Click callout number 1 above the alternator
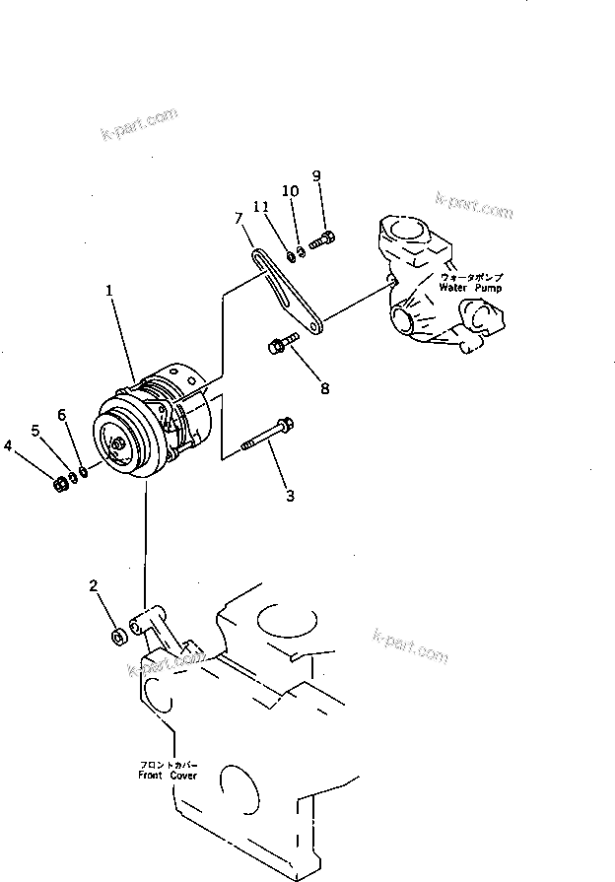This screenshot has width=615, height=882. (x=110, y=292)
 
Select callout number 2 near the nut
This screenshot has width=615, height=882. (x=94, y=586)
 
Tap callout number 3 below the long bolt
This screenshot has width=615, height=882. (x=290, y=496)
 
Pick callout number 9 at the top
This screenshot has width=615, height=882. (x=316, y=176)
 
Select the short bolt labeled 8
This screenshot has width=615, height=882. (x=278, y=346)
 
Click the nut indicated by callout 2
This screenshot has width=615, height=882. (x=115, y=637)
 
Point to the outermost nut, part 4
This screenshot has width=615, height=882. (x=60, y=483)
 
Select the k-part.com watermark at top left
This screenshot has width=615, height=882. (x=139, y=125)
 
